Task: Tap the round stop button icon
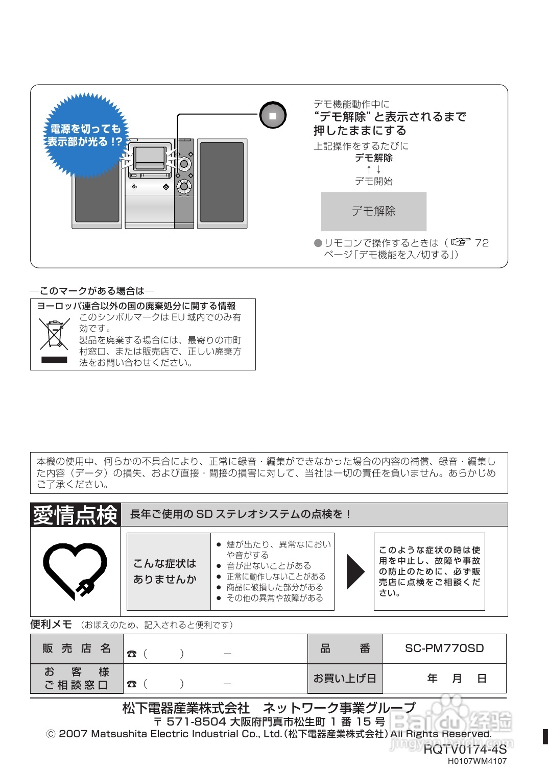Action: click(273, 116)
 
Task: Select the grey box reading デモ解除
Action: click(373, 211)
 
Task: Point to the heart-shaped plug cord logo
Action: click(75, 570)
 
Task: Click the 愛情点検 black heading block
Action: click(76, 515)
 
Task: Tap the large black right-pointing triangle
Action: click(355, 571)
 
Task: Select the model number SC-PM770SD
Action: click(444, 648)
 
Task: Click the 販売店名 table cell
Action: click(77, 648)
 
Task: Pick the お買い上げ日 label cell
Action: click(345, 679)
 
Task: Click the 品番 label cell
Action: click(345, 648)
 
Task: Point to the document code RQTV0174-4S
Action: click(465, 749)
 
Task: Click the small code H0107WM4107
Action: click(477, 761)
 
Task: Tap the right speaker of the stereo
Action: click(222, 183)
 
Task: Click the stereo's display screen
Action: click(150, 156)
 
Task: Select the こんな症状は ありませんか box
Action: click(169, 571)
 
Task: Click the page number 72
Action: click(482, 243)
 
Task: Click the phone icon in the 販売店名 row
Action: click(132, 654)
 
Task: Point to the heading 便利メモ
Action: click(51, 625)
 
